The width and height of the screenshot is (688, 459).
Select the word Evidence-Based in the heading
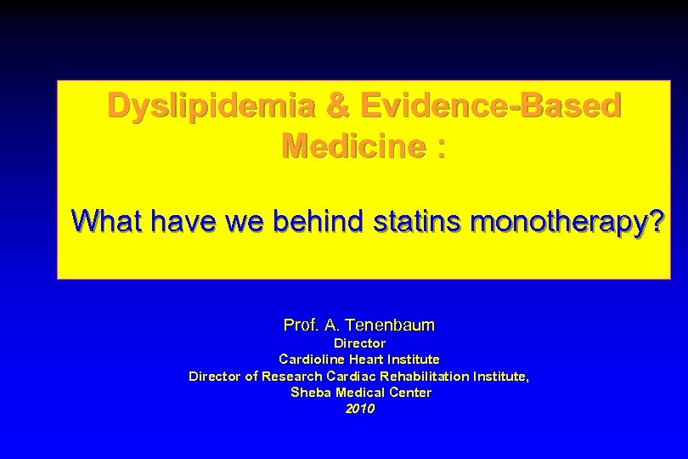pyautogui.click(x=490, y=106)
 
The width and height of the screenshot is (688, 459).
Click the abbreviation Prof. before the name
pyautogui.click(x=301, y=325)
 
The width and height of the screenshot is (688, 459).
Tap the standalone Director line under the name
pyautogui.click(x=359, y=343)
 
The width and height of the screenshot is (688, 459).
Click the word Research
pyautogui.click(x=290, y=376)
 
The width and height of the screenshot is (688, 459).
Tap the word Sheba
pyautogui.click(x=311, y=392)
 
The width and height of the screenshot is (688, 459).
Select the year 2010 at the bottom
pyautogui.click(x=359, y=409)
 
